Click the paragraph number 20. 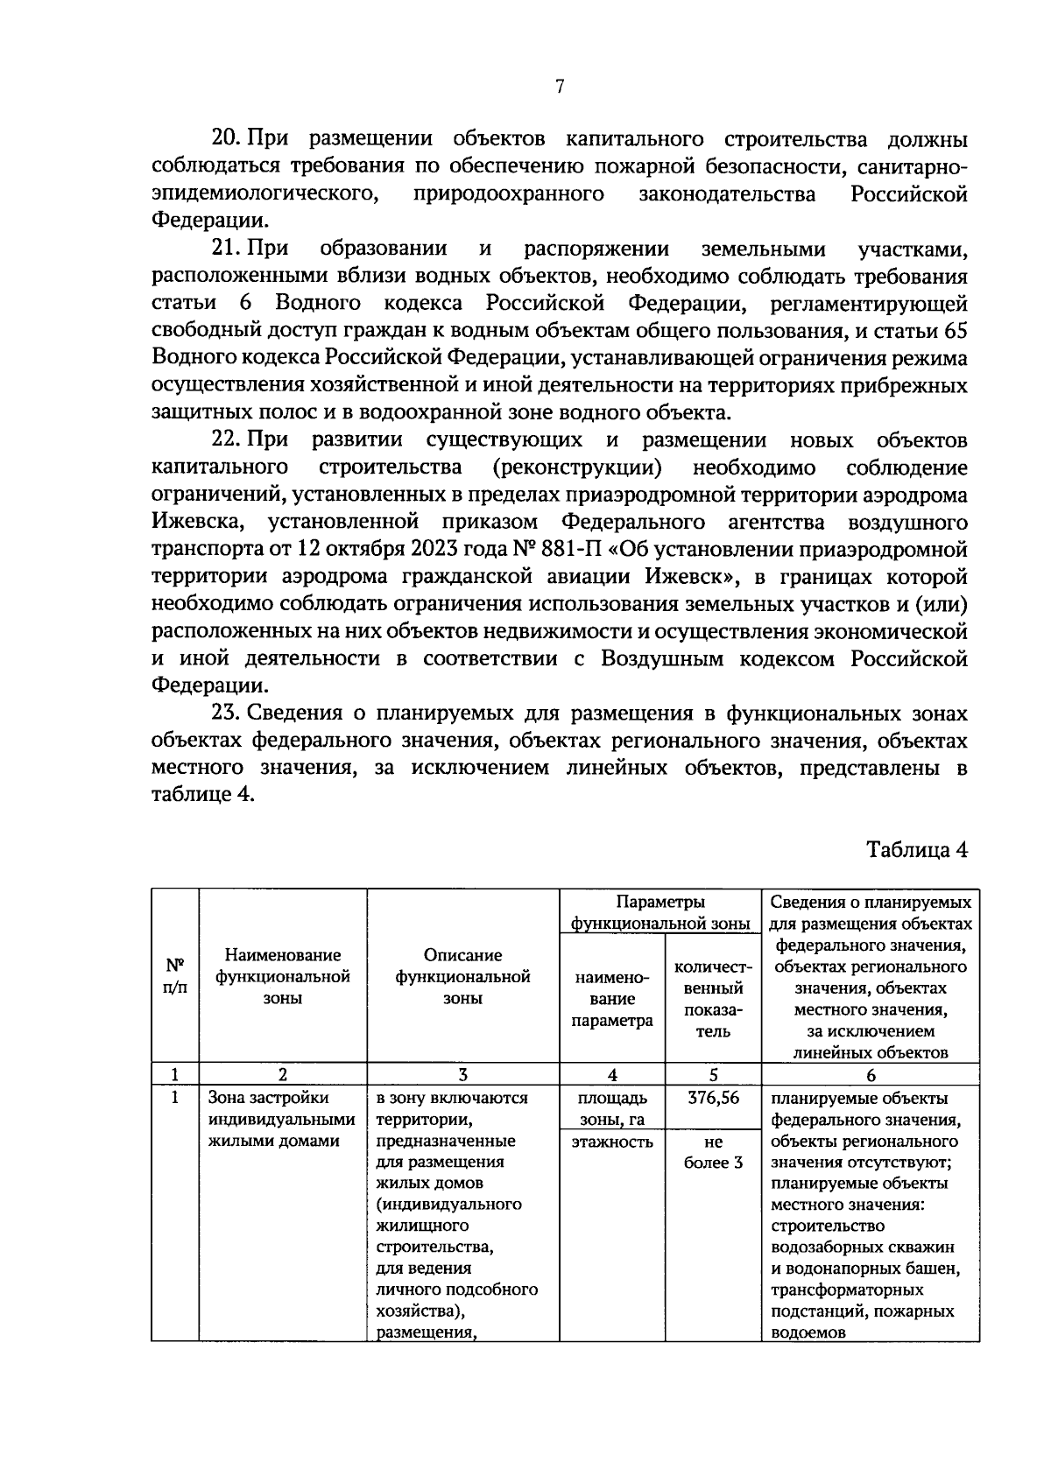[x=227, y=139]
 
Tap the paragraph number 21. [x=227, y=250]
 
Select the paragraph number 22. [x=227, y=439]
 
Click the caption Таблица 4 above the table [x=917, y=850]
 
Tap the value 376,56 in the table [x=713, y=1099]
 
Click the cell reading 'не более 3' [x=713, y=1152]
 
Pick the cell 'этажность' [x=612, y=1142]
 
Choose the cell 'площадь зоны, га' [x=612, y=1109]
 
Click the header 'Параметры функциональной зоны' [x=660, y=912]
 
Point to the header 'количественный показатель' [x=713, y=999]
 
